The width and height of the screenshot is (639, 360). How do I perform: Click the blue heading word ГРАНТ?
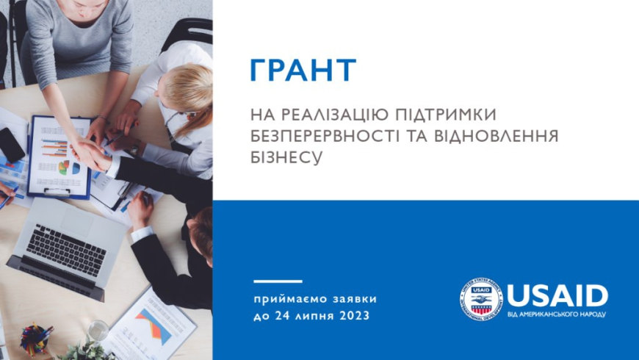pyautogui.click(x=303, y=71)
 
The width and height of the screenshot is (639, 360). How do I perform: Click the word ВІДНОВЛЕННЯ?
pyautogui.click(x=506, y=137)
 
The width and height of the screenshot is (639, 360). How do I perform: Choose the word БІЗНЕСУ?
pyautogui.click(x=287, y=158)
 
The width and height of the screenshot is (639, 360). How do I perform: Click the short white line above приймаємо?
pyautogui.click(x=278, y=281)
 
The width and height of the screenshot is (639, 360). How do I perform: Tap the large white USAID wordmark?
pyautogui.click(x=557, y=295)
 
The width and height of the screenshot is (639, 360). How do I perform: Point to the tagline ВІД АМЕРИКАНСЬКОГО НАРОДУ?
pyautogui.click(x=557, y=314)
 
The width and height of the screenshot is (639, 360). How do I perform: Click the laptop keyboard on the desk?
pyautogui.click(x=67, y=249)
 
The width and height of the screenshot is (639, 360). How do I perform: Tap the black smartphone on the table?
pyautogui.click(x=12, y=145)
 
